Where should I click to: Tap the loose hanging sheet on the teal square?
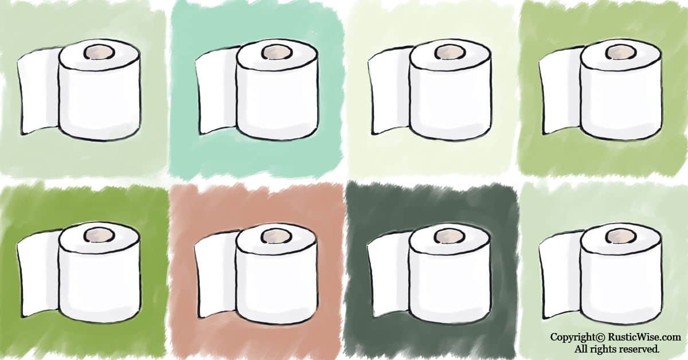216,91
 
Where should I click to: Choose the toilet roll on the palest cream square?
429,90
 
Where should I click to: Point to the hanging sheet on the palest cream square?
389,91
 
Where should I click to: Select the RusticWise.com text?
644,337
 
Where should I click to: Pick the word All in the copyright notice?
582,349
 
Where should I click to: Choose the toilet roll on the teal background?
256,90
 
